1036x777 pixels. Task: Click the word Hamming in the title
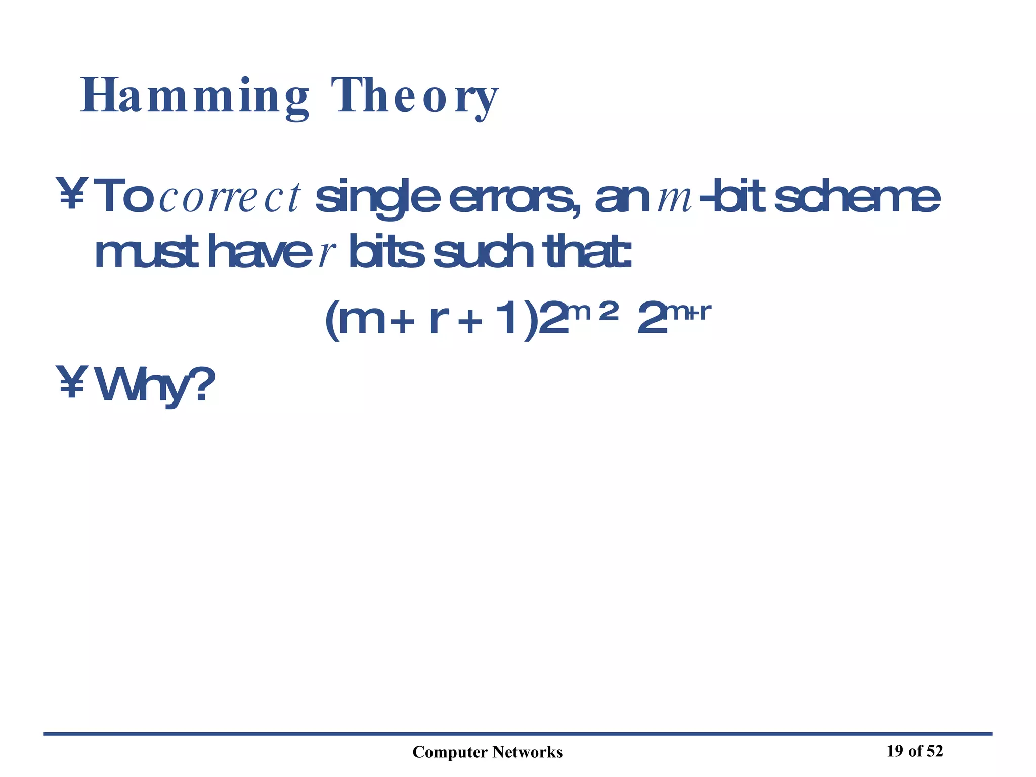click(195, 96)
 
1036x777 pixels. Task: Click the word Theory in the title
click(415, 96)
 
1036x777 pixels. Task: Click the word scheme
click(857, 197)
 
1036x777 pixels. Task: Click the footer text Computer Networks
click(487, 752)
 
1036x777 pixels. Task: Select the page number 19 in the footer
click(895, 751)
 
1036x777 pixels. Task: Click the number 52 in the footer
click(934, 751)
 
